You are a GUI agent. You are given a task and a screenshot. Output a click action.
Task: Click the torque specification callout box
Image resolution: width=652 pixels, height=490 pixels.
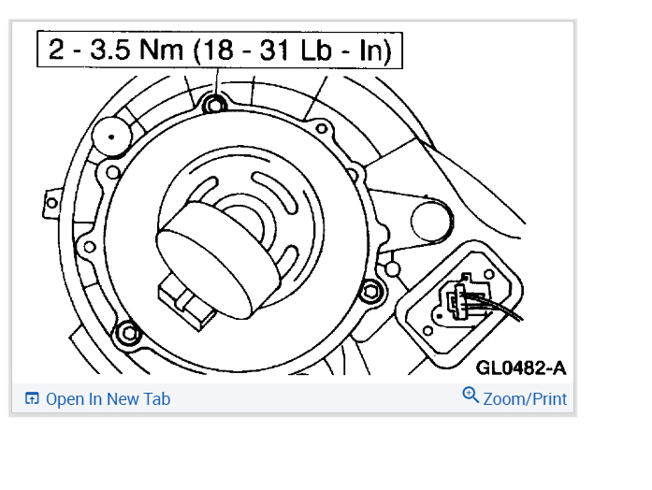pos(220,49)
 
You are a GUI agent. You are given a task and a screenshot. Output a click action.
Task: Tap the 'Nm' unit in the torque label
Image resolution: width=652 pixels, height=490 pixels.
pos(161,50)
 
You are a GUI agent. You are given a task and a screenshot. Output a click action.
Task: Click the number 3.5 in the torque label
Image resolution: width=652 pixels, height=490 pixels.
pos(111,50)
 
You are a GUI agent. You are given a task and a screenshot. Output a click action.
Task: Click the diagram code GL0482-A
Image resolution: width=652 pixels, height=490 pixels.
pos(521,367)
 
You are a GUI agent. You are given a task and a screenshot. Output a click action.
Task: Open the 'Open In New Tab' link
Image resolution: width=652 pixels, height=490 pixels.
pos(108,399)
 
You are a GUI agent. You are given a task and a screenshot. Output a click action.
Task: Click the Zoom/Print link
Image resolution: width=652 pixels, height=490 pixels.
pos(525,399)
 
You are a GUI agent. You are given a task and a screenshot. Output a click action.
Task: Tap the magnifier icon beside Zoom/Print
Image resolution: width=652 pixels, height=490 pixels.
pos(471,395)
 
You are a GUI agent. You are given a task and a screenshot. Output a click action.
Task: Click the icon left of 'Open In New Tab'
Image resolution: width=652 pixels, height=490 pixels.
pos(32,398)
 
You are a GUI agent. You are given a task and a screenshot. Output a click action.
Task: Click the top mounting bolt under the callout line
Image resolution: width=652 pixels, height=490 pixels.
pos(214,105)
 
